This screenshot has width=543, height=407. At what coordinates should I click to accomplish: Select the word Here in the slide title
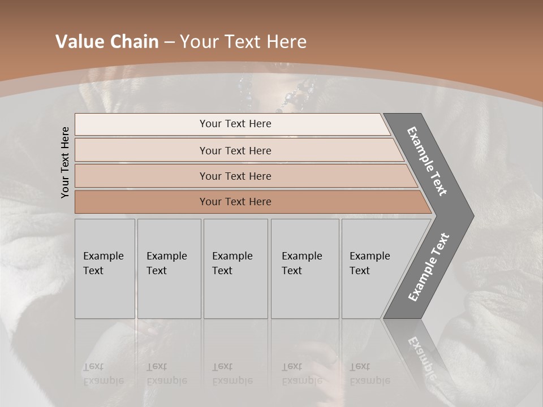[x=286, y=42]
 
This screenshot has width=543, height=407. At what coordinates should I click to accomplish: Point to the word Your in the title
[x=200, y=42]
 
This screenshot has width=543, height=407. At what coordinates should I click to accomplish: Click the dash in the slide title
[x=169, y=42]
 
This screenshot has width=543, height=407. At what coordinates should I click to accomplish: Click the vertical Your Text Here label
[x=65, y=162]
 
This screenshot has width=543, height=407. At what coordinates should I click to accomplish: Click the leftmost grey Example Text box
[x=105, y=269]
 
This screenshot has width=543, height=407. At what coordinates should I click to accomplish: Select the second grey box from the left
[x=169, y=269]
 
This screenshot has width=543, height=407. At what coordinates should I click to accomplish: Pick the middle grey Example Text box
[x=235, y=269]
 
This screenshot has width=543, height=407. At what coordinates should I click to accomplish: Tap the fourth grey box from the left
[x=305, y=269]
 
